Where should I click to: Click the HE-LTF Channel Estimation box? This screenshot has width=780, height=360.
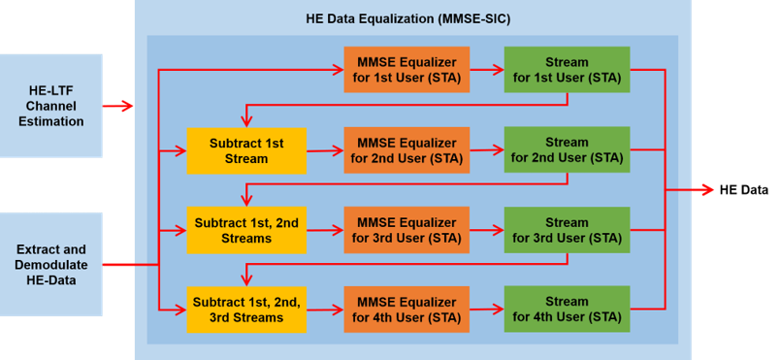(x=51, y=106)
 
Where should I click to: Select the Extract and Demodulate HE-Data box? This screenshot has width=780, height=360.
(x=51, y=265)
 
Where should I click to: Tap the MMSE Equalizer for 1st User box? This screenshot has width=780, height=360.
(x=406, y=70)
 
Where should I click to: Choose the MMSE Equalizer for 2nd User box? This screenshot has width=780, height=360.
(x=406, y=150)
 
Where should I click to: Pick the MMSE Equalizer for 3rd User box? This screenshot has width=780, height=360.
(x=406, y=230)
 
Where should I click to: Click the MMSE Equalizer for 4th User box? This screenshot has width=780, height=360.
(x=406, y=310)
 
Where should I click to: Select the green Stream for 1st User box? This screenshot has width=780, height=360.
(x=568, y=70)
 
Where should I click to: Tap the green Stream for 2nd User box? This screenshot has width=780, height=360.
(x=568, y=150)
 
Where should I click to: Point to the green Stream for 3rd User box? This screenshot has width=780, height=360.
(x=568, y=230)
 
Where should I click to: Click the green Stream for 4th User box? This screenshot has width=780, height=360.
(x=568, y=310)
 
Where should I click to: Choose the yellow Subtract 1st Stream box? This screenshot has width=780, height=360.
(x=246, y=150)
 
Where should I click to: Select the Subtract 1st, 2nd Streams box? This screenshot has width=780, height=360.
(x=246, y=230)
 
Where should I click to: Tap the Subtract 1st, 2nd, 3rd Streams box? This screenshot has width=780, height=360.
(x=246, y=310)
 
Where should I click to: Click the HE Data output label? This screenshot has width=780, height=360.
(x=744, y=190)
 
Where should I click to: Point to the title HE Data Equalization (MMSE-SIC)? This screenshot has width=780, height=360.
(x=408, y=19)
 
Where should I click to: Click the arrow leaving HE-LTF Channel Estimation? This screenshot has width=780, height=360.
(x=118, y=106)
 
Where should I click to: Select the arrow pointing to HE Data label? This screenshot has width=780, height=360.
(x=690, y=190)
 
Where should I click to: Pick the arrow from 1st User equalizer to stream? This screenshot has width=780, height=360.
(x=487, y=71)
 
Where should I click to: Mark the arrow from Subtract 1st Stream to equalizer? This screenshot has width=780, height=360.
(x=325, y=150)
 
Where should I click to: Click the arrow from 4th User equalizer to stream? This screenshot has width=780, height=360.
(x=487, y=310)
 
